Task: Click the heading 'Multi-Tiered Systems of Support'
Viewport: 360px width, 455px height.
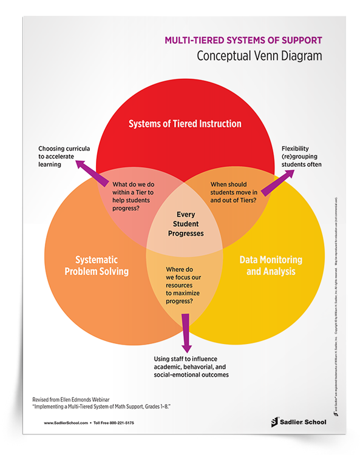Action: coord(243,41)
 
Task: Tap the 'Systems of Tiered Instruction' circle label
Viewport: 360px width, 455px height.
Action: coord(185,124)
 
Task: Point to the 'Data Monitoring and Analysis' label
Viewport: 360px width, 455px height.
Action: coord(271,265)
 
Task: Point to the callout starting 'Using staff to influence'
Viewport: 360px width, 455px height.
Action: coord(195,366)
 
